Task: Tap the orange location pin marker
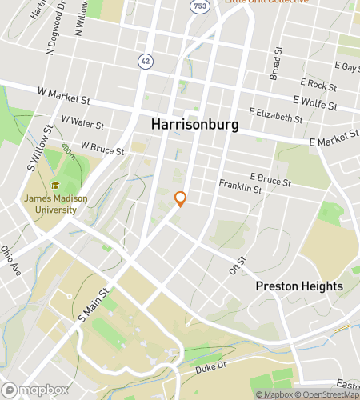180,198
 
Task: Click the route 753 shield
199,6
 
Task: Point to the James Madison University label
50,204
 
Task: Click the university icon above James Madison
54,185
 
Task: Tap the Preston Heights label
298,286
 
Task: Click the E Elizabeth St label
276,115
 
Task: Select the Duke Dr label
211,366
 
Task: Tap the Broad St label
276,62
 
